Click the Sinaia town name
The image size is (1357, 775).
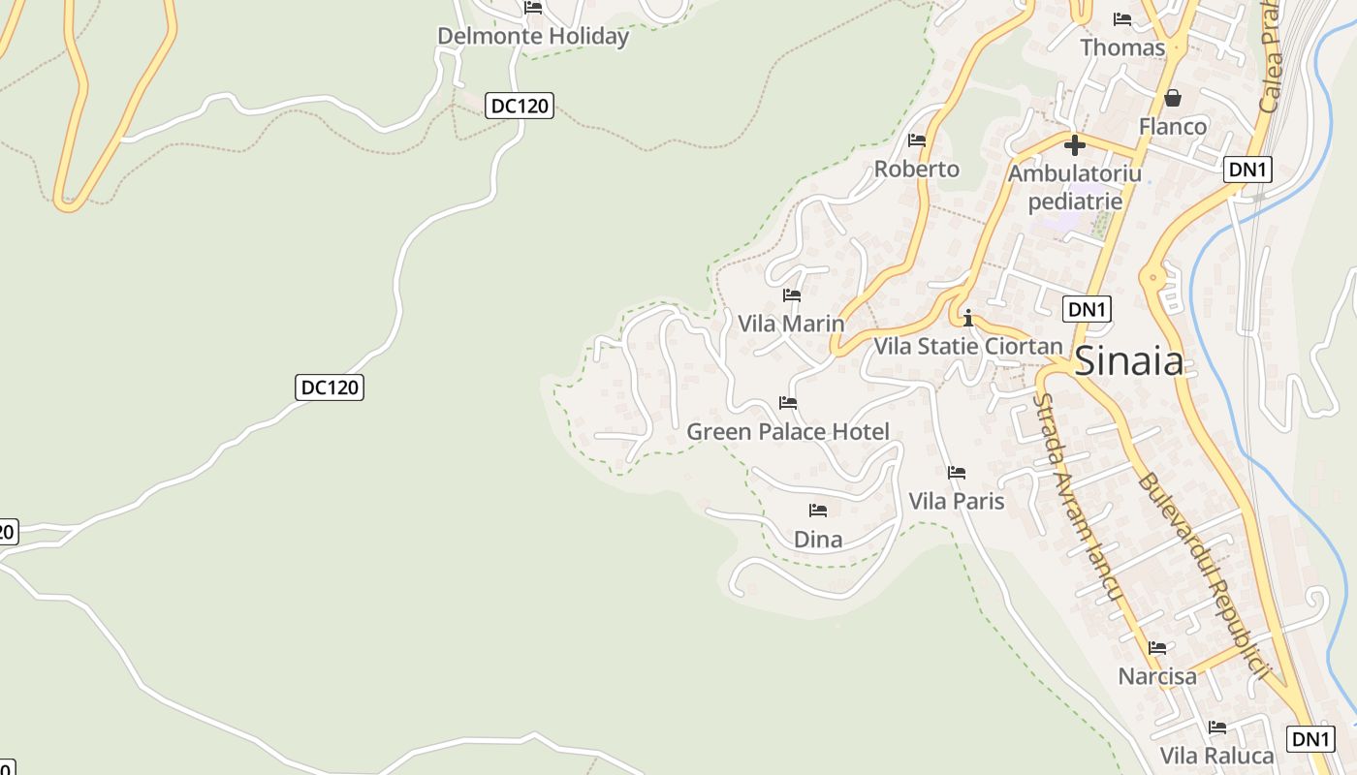coord(1129,361)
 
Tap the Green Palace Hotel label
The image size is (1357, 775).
coord(787,432)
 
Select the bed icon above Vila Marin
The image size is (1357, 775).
coord(792,295)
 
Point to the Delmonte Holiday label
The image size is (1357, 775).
coord(533,37)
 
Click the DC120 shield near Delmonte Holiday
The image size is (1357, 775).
coord(520,106)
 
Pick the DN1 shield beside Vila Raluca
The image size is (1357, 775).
coord(1310,739)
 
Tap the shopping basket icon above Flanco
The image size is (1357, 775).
coord(1173,98)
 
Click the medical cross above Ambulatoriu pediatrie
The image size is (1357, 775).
coord(1074,146)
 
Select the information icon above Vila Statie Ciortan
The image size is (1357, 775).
coord(967,318)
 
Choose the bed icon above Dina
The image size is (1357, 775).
coord(818,511)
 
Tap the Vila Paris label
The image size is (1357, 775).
coord(956,501)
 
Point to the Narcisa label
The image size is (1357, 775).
coord(1157,676)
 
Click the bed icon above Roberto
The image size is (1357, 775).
coord(916,141)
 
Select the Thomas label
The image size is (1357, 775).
coord(1122,47)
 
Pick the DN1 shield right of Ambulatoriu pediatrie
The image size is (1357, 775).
coord(1247,170)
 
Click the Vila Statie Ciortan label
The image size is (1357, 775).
coord(968,346)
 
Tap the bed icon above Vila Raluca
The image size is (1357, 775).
coord(1217,728)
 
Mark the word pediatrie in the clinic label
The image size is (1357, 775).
coord(1075,201)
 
